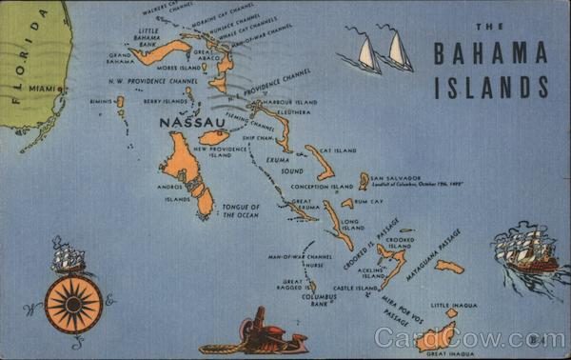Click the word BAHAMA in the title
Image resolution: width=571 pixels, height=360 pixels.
490,54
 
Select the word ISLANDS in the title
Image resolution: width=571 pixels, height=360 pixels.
491,87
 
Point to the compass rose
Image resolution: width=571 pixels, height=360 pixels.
73,305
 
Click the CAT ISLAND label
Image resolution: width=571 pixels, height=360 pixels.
338,150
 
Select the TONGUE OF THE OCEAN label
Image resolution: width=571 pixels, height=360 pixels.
239,210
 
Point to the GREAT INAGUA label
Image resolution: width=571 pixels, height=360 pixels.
450,353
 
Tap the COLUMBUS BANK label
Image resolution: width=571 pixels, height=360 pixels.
319,300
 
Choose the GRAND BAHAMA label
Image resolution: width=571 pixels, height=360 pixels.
119,59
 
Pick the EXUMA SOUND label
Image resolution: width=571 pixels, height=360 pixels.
278,166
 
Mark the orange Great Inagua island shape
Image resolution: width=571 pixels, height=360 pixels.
436,336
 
